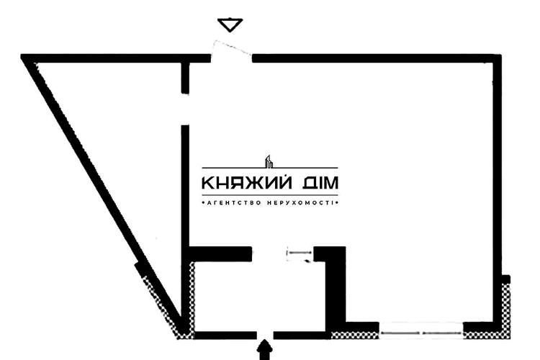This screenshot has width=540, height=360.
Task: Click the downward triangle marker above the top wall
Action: (230, 24)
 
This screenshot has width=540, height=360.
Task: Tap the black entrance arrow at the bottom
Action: (264, 350)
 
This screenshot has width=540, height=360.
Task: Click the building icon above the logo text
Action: (269, 161)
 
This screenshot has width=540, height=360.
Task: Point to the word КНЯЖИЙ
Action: (246, 183)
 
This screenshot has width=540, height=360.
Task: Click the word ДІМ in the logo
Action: (320, 183)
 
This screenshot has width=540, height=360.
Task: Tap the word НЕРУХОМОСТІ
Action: (301, 203)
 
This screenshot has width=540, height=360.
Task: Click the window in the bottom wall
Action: (421, 333)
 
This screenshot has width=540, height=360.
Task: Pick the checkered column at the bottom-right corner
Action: (505, 311)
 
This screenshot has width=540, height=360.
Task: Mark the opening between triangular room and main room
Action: (185, 110)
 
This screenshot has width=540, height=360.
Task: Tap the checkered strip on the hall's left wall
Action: (192, 297)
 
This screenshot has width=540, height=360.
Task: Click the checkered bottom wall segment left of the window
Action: (355, 335)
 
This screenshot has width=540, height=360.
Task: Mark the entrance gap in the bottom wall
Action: (265, 336)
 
